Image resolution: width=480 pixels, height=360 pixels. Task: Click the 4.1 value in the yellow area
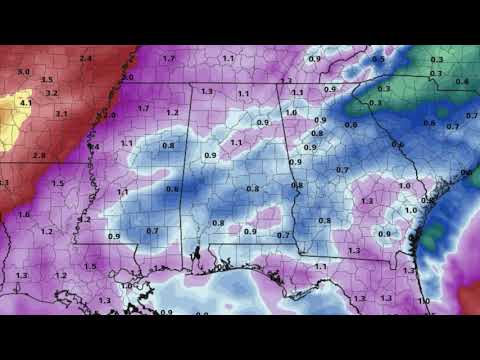click(x=27, y=102)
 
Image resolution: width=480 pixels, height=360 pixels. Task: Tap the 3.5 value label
click(x=47, y=78)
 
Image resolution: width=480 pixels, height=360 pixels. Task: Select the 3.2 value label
click(x=52, y=93)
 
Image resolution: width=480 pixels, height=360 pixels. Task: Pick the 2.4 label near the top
click(x=86, y=60)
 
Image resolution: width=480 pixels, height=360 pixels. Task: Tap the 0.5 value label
click(x=378, y=60)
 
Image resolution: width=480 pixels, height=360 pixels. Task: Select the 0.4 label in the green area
click(x=461, y=82)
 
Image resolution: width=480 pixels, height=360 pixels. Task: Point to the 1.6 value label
click(x=24, y=213)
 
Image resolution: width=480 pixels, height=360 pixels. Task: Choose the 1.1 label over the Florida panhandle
click(x=321, y=266)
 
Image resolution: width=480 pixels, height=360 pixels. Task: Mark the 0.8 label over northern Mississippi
click(x=168, y=145)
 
